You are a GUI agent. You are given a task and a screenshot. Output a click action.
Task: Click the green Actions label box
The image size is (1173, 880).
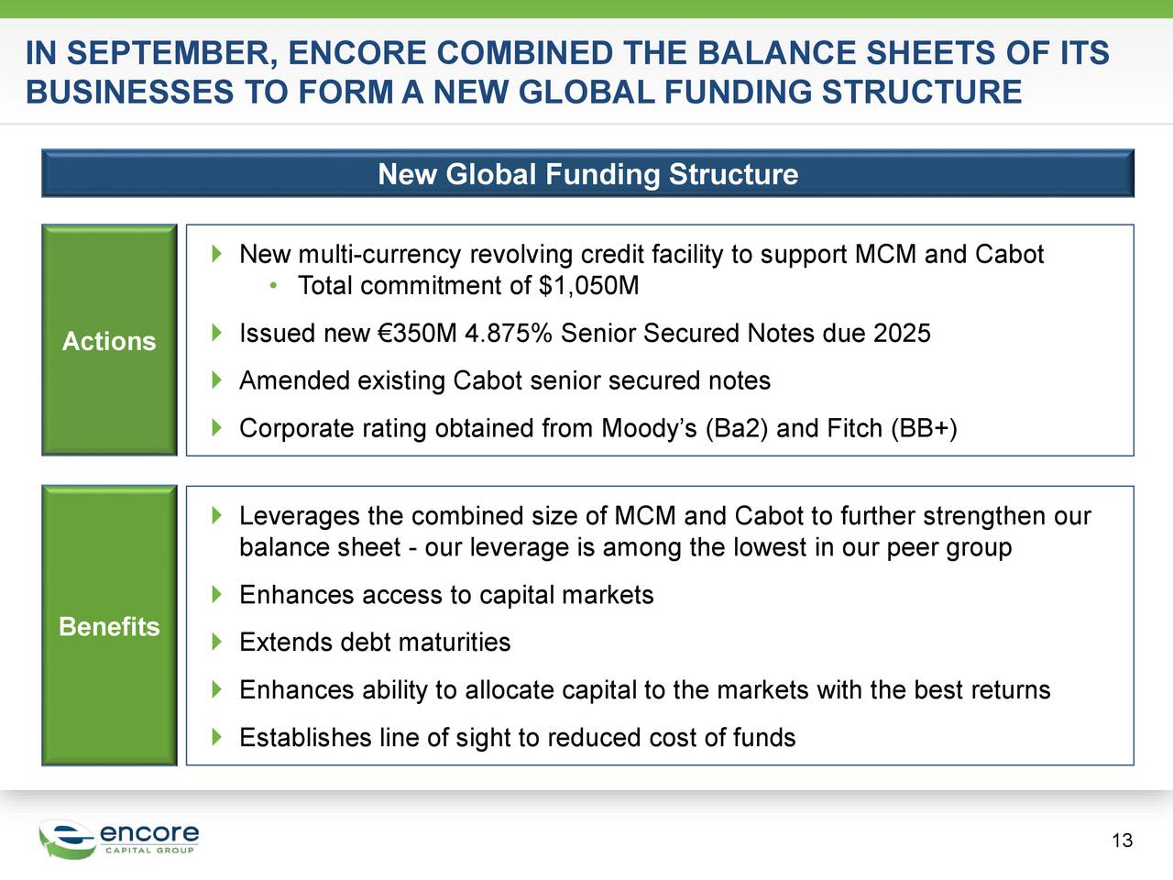[109, 340]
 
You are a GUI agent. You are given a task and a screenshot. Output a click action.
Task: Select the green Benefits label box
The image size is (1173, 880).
[109, 625]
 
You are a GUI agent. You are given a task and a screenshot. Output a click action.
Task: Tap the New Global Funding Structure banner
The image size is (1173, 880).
[587, 174]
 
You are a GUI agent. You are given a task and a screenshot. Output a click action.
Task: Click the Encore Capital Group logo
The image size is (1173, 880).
[119, 838]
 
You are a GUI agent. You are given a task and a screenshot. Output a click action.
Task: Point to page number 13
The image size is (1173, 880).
[1122, 841]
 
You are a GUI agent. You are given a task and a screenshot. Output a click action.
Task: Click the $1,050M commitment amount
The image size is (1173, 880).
[589, 286]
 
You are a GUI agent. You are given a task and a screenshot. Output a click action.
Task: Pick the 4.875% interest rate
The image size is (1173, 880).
[508, 334]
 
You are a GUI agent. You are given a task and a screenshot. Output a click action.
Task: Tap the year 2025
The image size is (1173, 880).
[902, 334]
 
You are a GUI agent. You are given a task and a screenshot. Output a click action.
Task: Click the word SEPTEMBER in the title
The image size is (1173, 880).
[169, 53]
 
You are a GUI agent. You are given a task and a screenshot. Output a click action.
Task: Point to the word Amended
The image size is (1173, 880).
[294, 381]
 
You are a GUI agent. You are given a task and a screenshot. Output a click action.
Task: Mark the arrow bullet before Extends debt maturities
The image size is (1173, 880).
[216, 642]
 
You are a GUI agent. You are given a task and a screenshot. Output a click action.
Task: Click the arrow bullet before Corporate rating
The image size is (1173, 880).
[216, 428]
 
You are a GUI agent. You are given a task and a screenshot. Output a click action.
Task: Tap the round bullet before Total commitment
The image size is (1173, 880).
[273, 286]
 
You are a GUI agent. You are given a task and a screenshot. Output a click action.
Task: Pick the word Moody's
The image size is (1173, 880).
[649, 429]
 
